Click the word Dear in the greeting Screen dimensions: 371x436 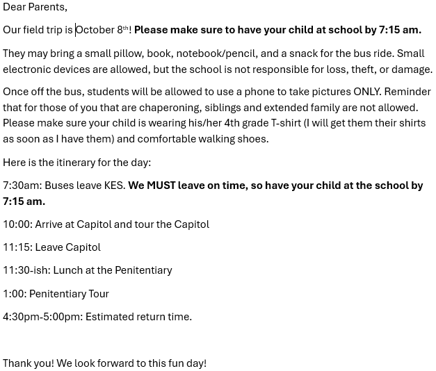point(15,7)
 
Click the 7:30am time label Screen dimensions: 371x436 point(22,185)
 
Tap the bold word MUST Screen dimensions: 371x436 point(161,185)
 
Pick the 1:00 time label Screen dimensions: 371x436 point(14,294)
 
